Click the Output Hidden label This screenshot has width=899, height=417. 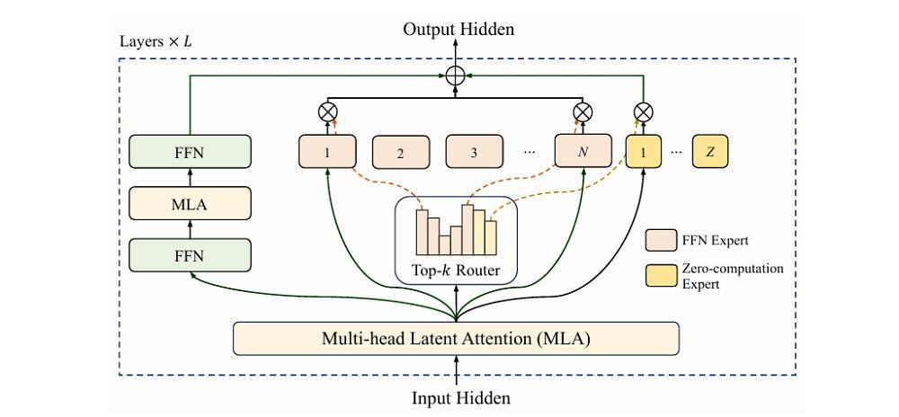458,29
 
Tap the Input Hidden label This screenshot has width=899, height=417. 461,397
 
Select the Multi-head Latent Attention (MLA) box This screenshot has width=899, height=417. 456,339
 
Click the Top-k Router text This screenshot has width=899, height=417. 456,271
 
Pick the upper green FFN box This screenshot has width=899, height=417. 190,152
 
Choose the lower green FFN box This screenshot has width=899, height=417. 190,255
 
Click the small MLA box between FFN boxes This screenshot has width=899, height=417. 190,203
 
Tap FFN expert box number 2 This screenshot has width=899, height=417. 401,153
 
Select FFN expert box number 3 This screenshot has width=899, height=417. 475,153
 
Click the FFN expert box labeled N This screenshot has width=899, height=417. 583,152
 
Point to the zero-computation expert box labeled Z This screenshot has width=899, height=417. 710,152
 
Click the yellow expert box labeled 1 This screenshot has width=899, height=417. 644,152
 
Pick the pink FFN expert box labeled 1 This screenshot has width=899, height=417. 327,152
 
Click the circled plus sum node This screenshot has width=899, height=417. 456,75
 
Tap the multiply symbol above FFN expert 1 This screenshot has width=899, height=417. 327,111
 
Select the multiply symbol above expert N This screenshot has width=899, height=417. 583,111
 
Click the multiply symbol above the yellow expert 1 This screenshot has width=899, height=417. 644,111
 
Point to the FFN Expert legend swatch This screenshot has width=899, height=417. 661,241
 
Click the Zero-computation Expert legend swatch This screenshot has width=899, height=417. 661,276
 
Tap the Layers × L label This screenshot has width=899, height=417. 156,43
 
